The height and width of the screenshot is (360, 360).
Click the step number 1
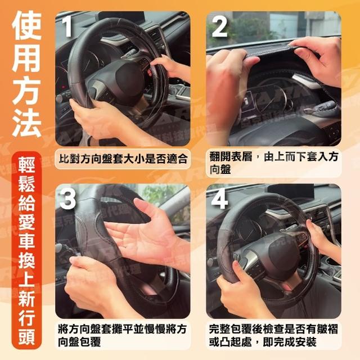point(67,26)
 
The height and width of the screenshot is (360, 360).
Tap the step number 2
point(219,26)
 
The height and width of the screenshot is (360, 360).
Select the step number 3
point(67,199)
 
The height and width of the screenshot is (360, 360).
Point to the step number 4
point(219,199)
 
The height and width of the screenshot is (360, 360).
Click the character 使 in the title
point(26,25)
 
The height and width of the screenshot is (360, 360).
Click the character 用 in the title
point(26,57)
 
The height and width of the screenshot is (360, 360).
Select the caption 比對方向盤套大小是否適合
point(123,159)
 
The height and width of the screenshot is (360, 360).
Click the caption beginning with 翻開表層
point(273,164)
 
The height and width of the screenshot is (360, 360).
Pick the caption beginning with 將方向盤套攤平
point(122,336)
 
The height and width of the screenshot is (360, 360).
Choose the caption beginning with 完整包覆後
point(273,336)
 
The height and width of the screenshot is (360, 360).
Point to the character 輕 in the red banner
point(26,165)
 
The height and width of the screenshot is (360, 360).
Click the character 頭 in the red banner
point(26,336)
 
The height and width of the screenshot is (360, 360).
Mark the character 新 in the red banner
point(26,299)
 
